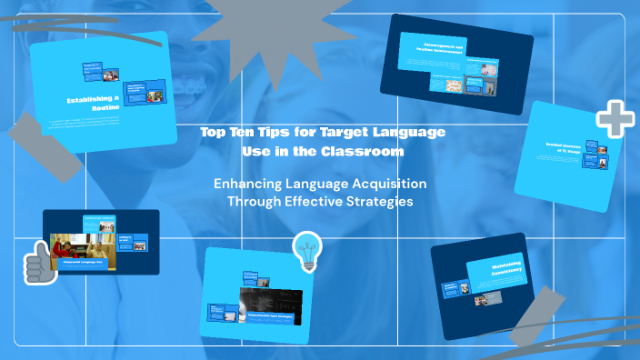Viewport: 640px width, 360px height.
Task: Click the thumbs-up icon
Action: click(x=39, y=263)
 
